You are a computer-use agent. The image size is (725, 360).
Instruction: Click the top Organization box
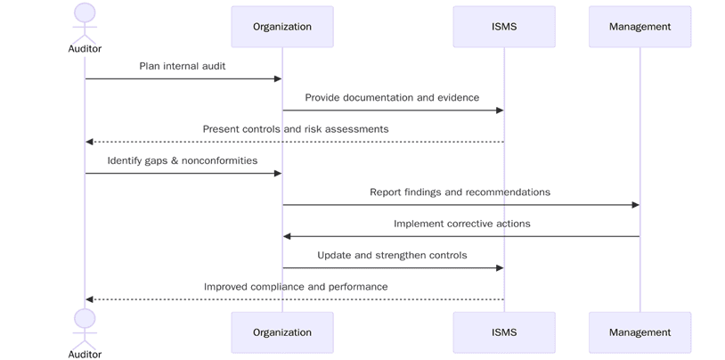click(x=281, y=27)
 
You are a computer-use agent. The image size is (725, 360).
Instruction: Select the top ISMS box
click(x=503, y=27)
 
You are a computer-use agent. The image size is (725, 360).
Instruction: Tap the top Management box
click(x=639, y=27)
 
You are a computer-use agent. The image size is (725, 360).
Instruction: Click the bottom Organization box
click(x=281, y=332)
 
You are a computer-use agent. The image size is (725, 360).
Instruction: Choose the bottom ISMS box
click(x=503, y=332)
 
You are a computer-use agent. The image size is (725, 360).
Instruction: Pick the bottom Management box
click(x=639, y=332)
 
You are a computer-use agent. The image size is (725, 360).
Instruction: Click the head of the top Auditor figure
click(x=85, y=12)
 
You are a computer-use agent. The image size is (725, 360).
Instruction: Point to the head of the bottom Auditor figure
click(x=85, y=318)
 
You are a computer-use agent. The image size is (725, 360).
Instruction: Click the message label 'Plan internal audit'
click(x=182, y=66)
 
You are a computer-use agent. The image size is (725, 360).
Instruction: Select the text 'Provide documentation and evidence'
click(x=392, y=97)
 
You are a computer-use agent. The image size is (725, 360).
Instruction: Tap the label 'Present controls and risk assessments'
click(x=296, y=129)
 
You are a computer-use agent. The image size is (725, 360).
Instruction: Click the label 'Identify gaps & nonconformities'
click(x=183, y=160)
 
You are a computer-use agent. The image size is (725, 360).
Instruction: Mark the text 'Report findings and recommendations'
click(x=460, y=192)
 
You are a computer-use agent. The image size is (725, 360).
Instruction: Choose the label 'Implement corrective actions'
click(x=461, y=224)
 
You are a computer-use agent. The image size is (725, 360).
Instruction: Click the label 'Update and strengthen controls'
click(x=392, y=255)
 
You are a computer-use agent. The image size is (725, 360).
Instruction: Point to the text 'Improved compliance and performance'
click(x=296, y=287)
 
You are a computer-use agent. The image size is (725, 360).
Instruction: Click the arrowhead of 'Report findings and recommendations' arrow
click(x=635, y=205)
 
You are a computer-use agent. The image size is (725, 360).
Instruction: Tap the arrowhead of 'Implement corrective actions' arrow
click(x=288, y=236)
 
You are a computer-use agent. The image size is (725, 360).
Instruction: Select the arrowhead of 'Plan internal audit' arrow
click(x=277, y=79)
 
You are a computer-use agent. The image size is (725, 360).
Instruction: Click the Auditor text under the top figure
click(x=85, y=49)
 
